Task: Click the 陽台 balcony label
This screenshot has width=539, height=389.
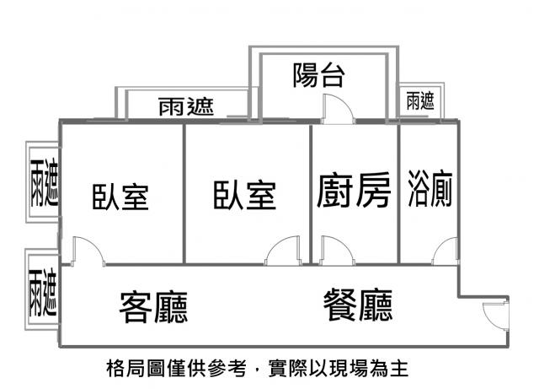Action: (x=319, y=76)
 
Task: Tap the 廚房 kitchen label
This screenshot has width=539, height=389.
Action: (x=354, y=192)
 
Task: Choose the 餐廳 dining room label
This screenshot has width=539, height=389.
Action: (x=358, y=305)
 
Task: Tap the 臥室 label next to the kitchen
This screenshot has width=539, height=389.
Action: (x=244, y=195)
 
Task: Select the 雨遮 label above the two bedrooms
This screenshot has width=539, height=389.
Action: (x=185, y=107)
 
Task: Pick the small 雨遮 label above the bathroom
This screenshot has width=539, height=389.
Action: (x=419, y=102)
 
